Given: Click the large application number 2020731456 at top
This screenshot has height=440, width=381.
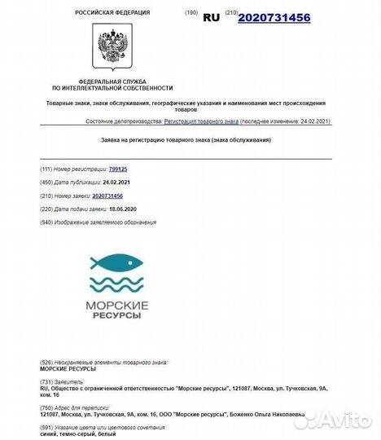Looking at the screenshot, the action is pyautogui.click(x=274, y=15).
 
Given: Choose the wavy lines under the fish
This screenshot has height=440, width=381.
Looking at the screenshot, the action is pyautogui.click(x=116, y=285).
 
